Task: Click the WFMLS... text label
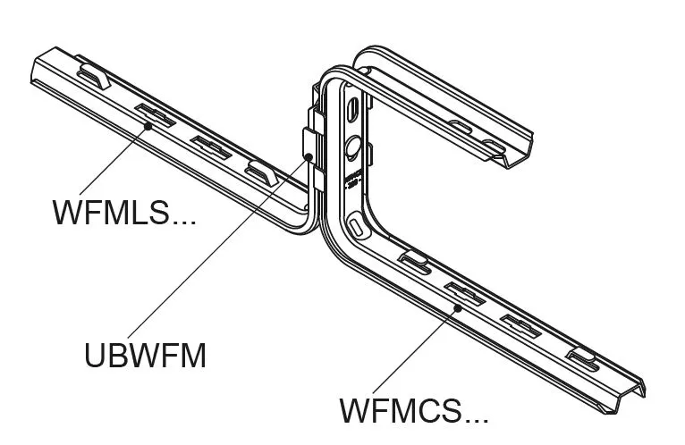point(123,213)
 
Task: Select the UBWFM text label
point(145,356)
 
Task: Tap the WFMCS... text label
point(413,412)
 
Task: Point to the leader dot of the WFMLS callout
point(148,127)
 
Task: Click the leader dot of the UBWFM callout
point(308,157)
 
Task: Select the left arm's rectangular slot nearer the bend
point(211,144)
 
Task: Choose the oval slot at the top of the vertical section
point(355,107)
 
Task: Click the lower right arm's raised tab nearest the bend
point(414,261)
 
